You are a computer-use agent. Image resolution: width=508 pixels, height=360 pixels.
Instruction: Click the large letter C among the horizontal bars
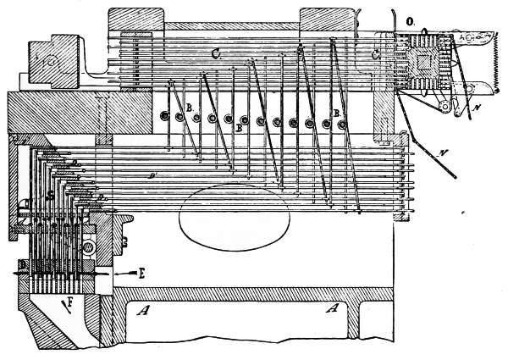pos(215,53)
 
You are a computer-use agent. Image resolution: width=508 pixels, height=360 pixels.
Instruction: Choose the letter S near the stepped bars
pos(51,194)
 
